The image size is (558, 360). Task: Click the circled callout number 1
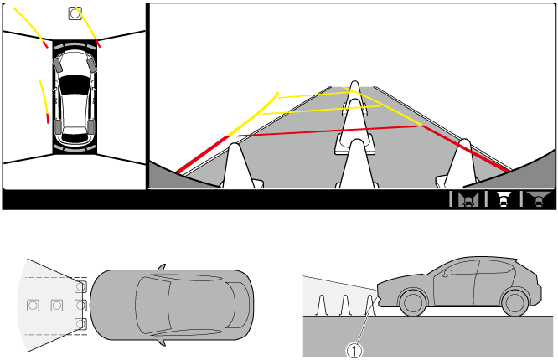pyautogui.click(x=354, y=351)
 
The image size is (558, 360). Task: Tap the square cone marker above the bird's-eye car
pyautogui.click(x=75, y=13)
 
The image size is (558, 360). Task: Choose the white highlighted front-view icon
pyautogui.click(x=504, y=199)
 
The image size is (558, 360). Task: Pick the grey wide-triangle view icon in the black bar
pyautogui.click(x=539, y=198)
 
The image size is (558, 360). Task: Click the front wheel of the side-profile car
pyautogui.click(x=413, y=303)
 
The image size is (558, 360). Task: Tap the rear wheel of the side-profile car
pyautogui.click(x=514, y=303)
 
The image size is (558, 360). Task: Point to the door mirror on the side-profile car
pyautogui.click(x=447, y=273)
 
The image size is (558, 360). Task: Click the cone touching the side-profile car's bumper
pyautogui.click(x=371, y=306)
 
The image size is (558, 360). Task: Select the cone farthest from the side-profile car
pyautogui.click(x=322, y=306)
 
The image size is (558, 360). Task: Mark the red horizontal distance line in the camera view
pyautogui.click(x=328, y=131)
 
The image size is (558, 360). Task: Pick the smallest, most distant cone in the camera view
pyautogui.click(x=354, y=98)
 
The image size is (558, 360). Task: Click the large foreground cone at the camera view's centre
pyautogui.click(x=357, y=164)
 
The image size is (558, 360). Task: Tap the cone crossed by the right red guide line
pyautogui.click(x=459, y=163)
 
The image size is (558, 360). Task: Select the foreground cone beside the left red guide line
pyautogui.click(x=239, y=166)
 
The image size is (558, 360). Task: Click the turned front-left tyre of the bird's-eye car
pyautogui.click(x=58, y=65)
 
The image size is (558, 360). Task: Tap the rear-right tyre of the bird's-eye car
pyautogui.click(x=91, y=127)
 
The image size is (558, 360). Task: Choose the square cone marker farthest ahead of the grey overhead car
pyautogui.click(x=34, y=306)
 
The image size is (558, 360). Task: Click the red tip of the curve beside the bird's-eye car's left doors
pyautogui.click(x=47, y=118)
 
